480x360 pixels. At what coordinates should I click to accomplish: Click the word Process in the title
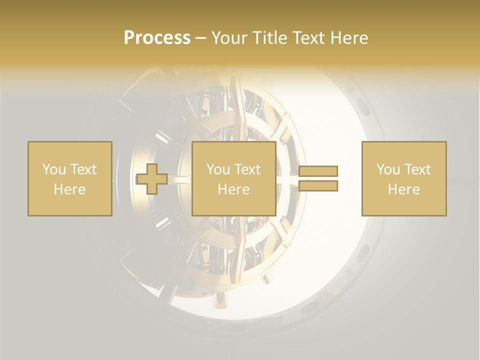(x=157, y=38)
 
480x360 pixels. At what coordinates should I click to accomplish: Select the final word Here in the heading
(x=348, y=38)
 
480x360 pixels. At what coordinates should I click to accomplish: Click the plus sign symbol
(x=152, y=179)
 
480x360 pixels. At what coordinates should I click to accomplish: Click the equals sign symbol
(x=318, y=178)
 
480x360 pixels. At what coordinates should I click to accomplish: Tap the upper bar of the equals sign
(x=318, y=171)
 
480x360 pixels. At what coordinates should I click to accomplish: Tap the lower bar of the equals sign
(x=318, y=186)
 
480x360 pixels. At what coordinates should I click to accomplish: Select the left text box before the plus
(x=69, y=178)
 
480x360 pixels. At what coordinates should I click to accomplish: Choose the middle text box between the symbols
(x=233, y=178)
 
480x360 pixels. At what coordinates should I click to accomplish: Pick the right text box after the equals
(x=403, y=178)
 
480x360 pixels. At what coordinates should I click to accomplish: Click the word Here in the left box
(x=69, y=189)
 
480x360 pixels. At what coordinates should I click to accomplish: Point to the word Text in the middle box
(x=247, y=169)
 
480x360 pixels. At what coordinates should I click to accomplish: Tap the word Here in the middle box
(x=233, y=189)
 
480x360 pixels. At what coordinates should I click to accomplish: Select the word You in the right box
(x=388, y=169)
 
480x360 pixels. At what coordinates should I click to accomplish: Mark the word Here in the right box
(x=403, y=189)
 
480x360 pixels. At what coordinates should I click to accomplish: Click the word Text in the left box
(x=83, y=169)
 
